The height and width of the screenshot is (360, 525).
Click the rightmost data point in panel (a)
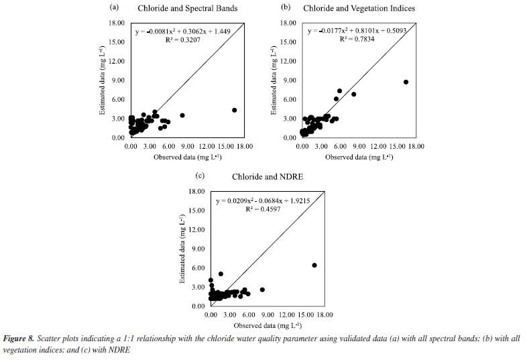click(234, 110)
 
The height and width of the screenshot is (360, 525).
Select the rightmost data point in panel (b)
click(406, 82)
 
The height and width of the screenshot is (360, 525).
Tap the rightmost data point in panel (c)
click(314, 265)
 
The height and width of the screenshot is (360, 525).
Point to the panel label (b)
click(286, 8)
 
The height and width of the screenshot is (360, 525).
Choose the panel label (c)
click(199, 176)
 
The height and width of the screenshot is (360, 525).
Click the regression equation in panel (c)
click(264, 200)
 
